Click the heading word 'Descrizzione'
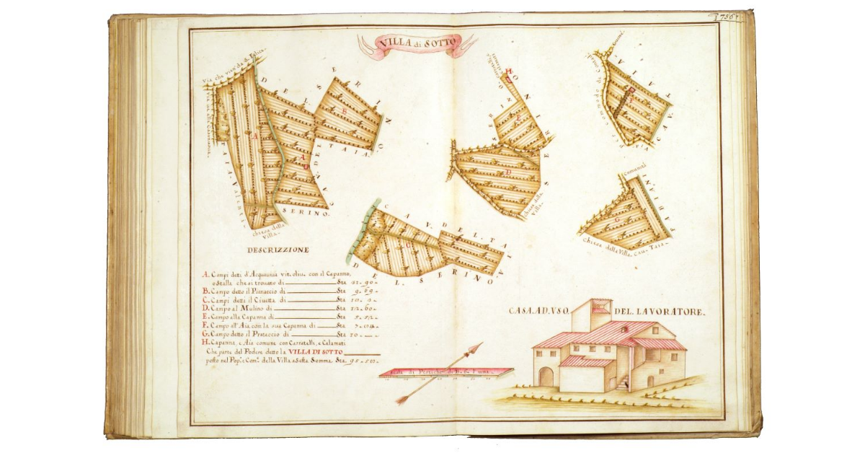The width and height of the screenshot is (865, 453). pos(278,250)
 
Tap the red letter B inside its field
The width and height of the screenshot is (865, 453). pos(306,156)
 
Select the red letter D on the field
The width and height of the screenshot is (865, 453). pos(509,173)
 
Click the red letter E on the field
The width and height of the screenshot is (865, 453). pos(516,115)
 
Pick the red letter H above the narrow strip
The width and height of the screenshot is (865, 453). pos(508,71)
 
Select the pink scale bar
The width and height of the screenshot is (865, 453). pos(445,372)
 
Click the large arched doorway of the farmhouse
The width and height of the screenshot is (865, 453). pos(546,377)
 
